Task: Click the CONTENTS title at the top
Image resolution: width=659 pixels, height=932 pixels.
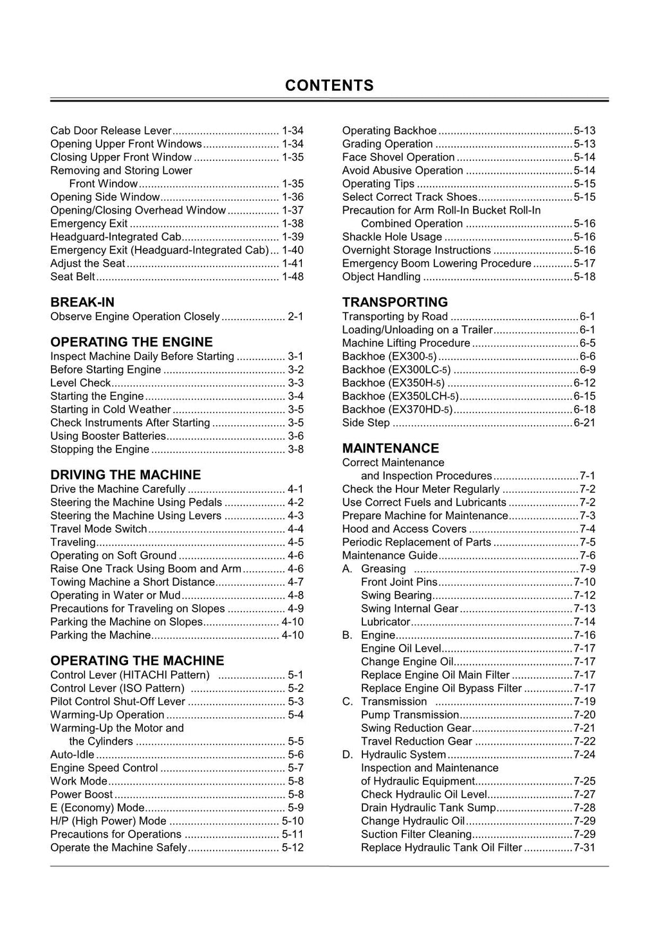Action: pyautogui.click(x=329, y=86)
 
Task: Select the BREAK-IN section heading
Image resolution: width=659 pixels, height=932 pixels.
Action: pyautogui.click(x=82, y=302)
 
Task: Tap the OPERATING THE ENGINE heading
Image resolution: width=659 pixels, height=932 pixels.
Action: pyautogui.click(x=131, y=342)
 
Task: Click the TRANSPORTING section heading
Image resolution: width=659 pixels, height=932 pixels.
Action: pyautogui.click(x=395, y=302)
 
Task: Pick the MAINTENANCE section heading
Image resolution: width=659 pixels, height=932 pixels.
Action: pyautogui.click(x=391, y=448)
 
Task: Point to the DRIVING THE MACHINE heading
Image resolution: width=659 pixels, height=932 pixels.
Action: pyautogui.click(x=125, y=475)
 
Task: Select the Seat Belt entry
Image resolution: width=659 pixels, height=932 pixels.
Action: pyautogui.click(x=73, y=277)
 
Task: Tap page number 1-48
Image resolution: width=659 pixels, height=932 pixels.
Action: pyautogui.click(x=293, y=277)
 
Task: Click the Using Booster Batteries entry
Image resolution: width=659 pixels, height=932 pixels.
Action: pyautogui.click(x=108, y=436)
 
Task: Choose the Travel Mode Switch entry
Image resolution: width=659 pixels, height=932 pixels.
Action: pyautogui.click(x=98, y=529)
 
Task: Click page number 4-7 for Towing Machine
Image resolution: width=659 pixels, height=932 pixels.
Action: pyautogui.click(x=296, y=582)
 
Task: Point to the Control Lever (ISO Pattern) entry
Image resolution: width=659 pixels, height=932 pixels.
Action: pyautogui.click(x=117, y=688)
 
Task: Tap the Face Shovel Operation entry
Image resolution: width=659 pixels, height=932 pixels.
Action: pyautogui.click(x=398, y=157)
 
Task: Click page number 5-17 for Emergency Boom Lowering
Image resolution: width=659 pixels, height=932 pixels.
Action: pyautogui.click(x=584, y=263)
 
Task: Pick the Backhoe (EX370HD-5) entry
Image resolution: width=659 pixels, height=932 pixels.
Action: pyautogui.click(x=397, y=409)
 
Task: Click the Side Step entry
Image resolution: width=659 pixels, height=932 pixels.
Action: pyautogui.click(x=366, y=423)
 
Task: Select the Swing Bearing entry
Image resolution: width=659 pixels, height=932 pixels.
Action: pyautogui.click(x=396, y=595)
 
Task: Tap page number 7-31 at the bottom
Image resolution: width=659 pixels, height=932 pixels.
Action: pyautogui.click(x=584, y=847)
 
